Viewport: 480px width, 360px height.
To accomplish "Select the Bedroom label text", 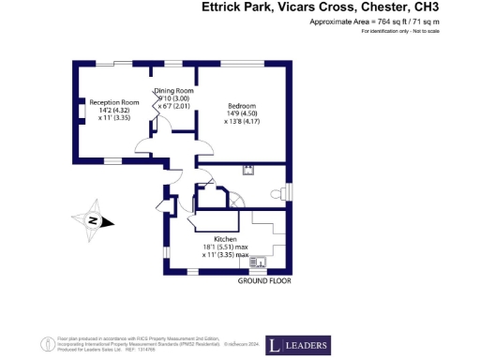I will tap(241, 106).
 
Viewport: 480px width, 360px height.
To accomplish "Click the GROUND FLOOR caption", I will tap(263, 281).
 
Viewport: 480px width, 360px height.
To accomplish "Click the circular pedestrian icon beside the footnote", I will tap(43, 341).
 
